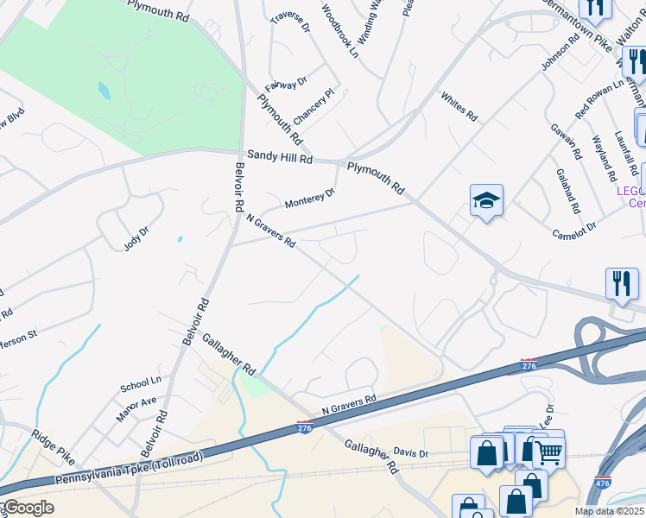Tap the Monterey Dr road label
[x=309, y=200]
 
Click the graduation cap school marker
[x=486, y=201]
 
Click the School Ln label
[x=141, y=382]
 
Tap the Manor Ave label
[x=136, y=407]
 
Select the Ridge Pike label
[x=54, y=445]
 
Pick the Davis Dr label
[x=411, y=452]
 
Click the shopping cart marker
[x=548, y=452]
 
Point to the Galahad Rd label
[x=568, y=198]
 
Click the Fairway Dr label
[x=286, y=84]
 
